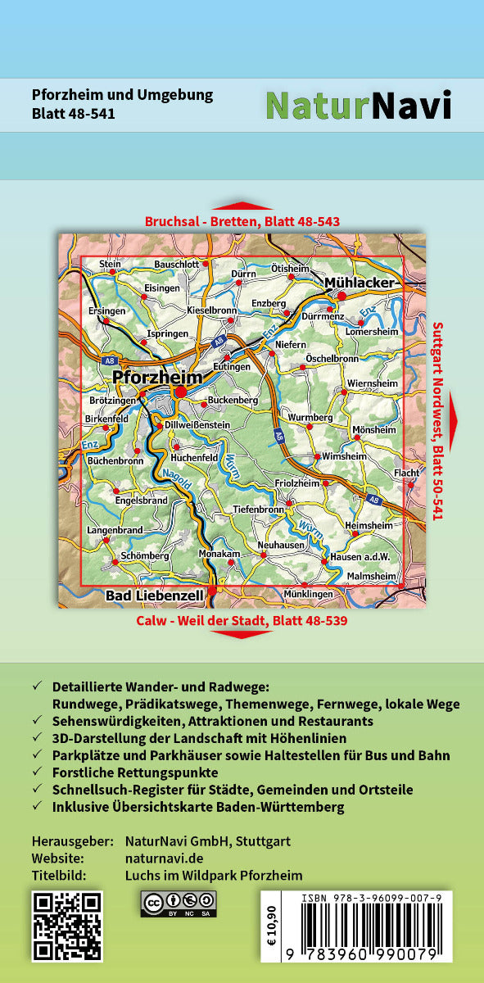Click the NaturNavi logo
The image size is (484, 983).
pyautogui.click(x=358, y=105)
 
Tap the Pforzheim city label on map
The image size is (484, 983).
pyautogui.click(x=156, y=378)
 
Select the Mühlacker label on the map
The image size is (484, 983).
pyautogui.click(x=360, y=283)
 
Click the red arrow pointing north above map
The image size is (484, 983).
pyautogui.click(x=242, y=206)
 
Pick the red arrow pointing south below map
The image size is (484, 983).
pyautogui.click(x=242, y=634)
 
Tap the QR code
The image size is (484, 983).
pyautogui.click(x=67, y=926)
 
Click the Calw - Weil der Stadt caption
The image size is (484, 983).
pyautogui.click(x=242, y=620)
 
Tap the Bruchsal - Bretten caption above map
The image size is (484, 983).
pyautogui.click(x=242, y=221)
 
